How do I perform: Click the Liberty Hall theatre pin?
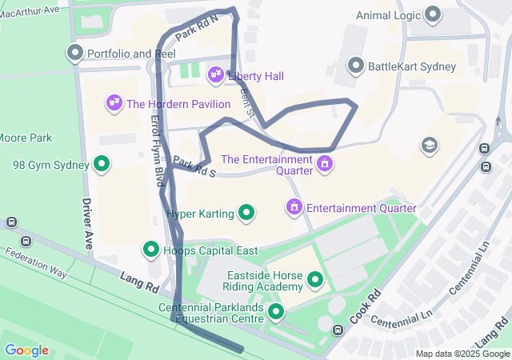215,75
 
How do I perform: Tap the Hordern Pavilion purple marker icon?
114,103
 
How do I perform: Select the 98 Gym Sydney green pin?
102,165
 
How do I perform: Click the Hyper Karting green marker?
247,213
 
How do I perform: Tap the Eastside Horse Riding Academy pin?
315,280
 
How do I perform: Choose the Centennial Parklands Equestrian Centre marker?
276,311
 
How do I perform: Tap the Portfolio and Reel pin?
76,54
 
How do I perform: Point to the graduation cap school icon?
430,146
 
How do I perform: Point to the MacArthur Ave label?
31,10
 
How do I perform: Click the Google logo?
26,350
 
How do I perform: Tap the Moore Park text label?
25,138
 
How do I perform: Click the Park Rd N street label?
196,30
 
